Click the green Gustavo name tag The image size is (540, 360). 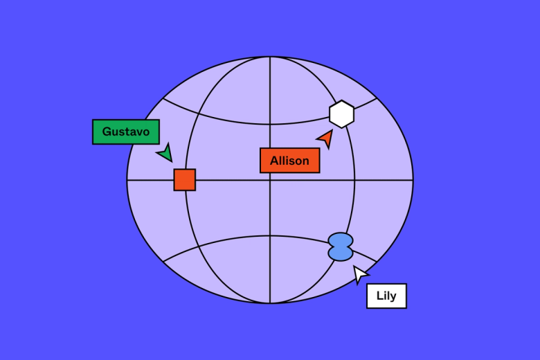point(126,132)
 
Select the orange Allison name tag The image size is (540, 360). point(289,161)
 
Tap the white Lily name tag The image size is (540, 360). point(386,296)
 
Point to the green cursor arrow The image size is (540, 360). point(166,153)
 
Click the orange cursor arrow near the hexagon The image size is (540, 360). point(326,138)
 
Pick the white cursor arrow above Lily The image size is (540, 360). point(359,274)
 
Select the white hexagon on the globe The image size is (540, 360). point(341,114)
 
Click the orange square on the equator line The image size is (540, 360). point(185,180)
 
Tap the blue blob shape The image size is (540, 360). point(341,246)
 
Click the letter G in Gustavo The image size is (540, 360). point(107,132)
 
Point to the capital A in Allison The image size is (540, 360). point(274,161)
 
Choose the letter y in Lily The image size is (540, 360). point(393,297)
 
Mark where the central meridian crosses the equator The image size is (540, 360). point(270,180)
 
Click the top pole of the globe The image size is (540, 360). point(270,57)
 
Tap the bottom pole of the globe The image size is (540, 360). point(270,303)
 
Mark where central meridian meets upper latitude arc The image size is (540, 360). point(270,124)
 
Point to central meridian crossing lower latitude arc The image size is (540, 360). point(270,236)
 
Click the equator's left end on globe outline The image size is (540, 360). point(127,180)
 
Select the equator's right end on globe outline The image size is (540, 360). point(413,180)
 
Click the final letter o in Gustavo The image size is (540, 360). point(146,133)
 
